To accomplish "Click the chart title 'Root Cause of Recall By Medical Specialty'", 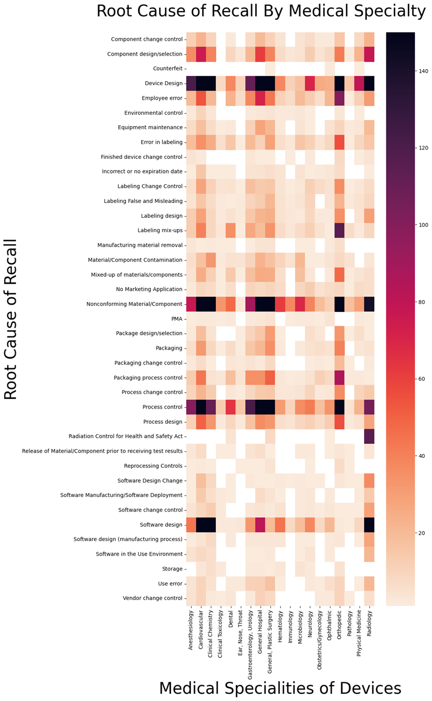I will (261, 11).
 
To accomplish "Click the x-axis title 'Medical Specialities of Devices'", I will (280, 688).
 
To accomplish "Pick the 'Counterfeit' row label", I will (168, 69).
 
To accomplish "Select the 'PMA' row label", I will (176, 318).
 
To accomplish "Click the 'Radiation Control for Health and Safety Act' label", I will (126, 436).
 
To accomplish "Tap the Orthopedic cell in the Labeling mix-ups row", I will (340, 230).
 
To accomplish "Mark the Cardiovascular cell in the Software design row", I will (201, 524).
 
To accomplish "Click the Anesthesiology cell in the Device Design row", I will (191, 83).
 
